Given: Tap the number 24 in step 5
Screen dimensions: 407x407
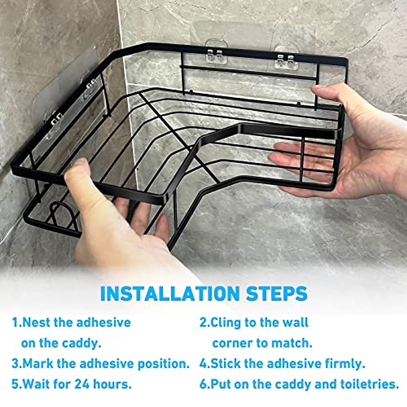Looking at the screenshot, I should pos(82,384).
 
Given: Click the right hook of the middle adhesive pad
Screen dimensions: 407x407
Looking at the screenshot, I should pos(220,53).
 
